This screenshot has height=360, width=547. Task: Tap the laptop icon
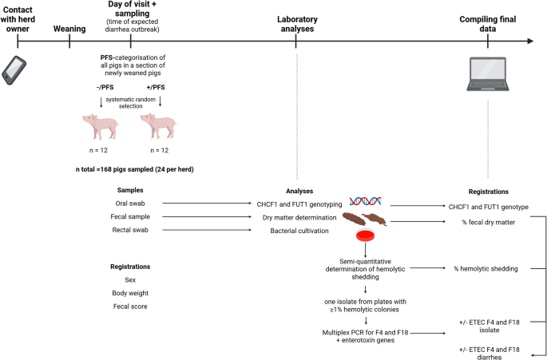click(x=488, y=75)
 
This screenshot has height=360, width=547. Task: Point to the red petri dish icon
click(x=365, y=235)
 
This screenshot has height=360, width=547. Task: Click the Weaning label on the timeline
click(x=69, y=29)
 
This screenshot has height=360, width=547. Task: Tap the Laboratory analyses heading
click(x=296, y=23)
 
